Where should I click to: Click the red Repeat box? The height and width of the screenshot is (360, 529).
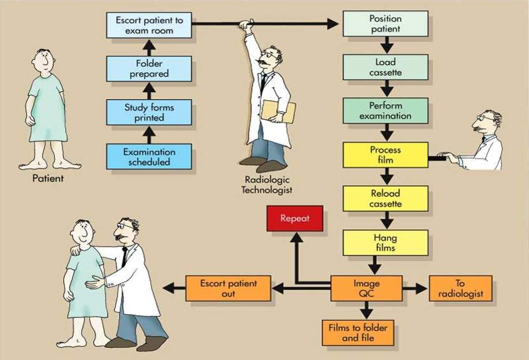point(295,218)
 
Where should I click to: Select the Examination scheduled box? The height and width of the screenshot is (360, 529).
point(149,157)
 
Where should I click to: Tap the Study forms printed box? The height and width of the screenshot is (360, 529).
point(149,112)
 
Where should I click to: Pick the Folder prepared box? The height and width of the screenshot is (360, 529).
point(149,68)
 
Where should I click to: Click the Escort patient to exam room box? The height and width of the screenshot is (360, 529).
point(149,25)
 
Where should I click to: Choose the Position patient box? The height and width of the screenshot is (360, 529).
point(386,23)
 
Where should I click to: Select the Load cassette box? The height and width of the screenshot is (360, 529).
point(386,67)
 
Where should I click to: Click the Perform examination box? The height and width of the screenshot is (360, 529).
point(386,111)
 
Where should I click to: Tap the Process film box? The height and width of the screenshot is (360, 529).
point(386,154)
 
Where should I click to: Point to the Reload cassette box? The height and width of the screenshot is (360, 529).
point(386,199)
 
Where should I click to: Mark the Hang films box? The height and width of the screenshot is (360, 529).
point(386,242)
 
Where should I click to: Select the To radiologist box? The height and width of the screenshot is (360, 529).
point(460,288)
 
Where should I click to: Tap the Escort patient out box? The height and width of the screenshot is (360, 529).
point(228,288)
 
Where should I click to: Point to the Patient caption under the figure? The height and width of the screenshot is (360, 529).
point(48,179)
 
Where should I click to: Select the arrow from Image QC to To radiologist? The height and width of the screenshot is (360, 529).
point(415,288)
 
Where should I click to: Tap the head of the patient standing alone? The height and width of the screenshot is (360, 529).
point(43,60)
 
